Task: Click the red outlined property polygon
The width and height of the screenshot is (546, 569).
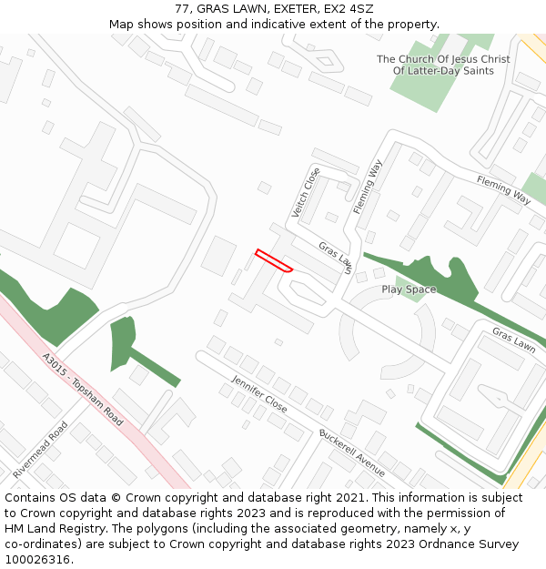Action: (273, 260)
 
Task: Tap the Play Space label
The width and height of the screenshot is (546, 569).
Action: (409, 290)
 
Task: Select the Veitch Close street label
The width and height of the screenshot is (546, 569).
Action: (306, 192)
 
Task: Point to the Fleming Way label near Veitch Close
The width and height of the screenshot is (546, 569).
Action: (368, 187)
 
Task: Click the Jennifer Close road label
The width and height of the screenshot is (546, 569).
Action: (259, 393)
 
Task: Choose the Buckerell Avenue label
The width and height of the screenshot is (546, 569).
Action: (352, 452)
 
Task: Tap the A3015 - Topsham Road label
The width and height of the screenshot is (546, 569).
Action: (83, 390)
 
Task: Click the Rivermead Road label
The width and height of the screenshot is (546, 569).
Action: (40, 450)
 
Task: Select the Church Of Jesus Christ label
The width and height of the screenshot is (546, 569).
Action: (443, 65)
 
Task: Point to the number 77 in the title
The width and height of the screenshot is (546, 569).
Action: (182, 9)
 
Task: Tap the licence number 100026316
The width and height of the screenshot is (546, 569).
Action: (37, 560)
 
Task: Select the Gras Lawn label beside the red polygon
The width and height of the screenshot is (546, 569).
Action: (335, 257)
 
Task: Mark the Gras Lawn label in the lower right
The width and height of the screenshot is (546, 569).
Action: (513, 339)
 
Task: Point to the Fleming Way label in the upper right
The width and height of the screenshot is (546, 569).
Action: (503, 190)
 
